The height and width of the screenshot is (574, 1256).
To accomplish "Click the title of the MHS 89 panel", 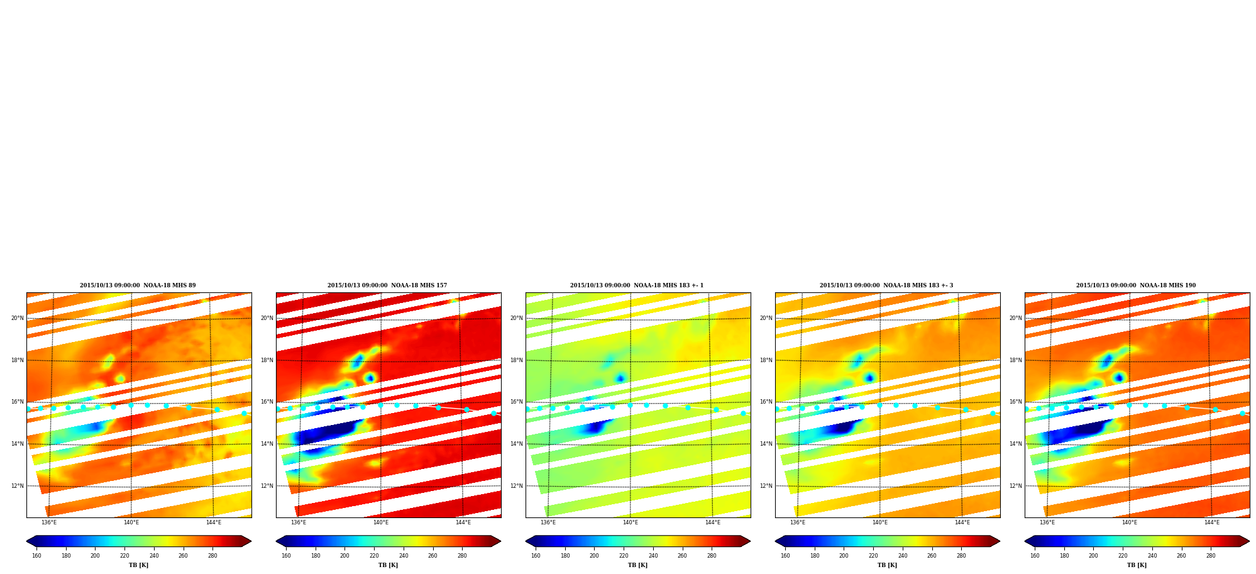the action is (138, 285).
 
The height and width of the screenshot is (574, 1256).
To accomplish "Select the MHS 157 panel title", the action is (387, 285).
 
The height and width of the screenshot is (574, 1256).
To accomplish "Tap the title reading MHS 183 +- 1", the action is (637, 285).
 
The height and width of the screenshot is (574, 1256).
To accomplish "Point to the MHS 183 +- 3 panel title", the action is (886, 285).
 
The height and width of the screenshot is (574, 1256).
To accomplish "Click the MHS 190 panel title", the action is (1136, 285).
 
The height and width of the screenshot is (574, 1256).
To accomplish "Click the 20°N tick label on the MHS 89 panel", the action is (17, 318).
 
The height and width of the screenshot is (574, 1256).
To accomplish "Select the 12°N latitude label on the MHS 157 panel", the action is (267, 486).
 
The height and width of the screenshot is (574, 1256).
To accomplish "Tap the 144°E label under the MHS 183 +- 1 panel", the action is (712, 522).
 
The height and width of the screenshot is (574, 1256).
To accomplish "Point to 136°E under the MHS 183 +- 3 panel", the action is (798, 522).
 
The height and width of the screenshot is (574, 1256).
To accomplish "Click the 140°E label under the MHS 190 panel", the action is (1130, 522).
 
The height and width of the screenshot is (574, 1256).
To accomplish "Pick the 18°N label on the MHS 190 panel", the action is (1015, 360).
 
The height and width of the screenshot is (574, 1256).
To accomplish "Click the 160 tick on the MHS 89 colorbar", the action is (36, 556).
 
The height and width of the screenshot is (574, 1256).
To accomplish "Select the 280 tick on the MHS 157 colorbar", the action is (462, 556).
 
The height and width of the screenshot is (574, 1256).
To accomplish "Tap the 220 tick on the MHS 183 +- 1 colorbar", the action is (624, 556).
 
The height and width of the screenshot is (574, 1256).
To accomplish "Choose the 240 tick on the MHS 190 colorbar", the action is (1152, 556).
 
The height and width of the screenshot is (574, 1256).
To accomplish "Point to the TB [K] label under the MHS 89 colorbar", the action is (139, 565).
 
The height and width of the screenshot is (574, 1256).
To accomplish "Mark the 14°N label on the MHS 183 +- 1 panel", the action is (516, 444).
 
